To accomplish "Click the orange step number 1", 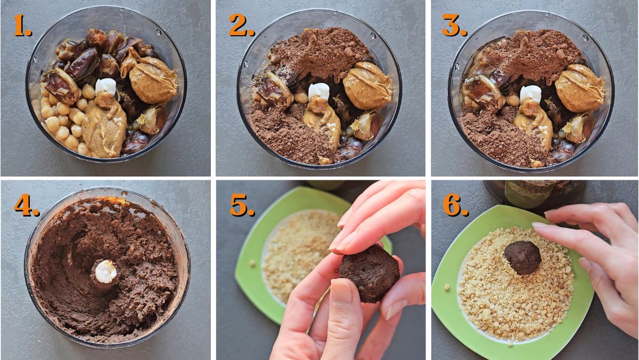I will [x=22, y=26].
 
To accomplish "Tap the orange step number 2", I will [x=241, y=26].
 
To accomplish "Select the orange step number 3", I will [x=454, y=26].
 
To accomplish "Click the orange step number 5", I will [x=241, y=206].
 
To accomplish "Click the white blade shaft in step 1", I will [x=105, y=86].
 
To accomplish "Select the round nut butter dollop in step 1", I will [x=153, y=80].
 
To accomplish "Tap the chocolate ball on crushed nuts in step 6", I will [x=522, y=257].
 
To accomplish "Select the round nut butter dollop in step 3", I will [x=579, y=87].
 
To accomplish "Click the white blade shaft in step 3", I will [x=530, y=93].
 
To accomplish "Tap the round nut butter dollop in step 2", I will [x=367, y=85].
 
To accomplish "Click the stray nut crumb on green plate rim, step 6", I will [x=447, y=287].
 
